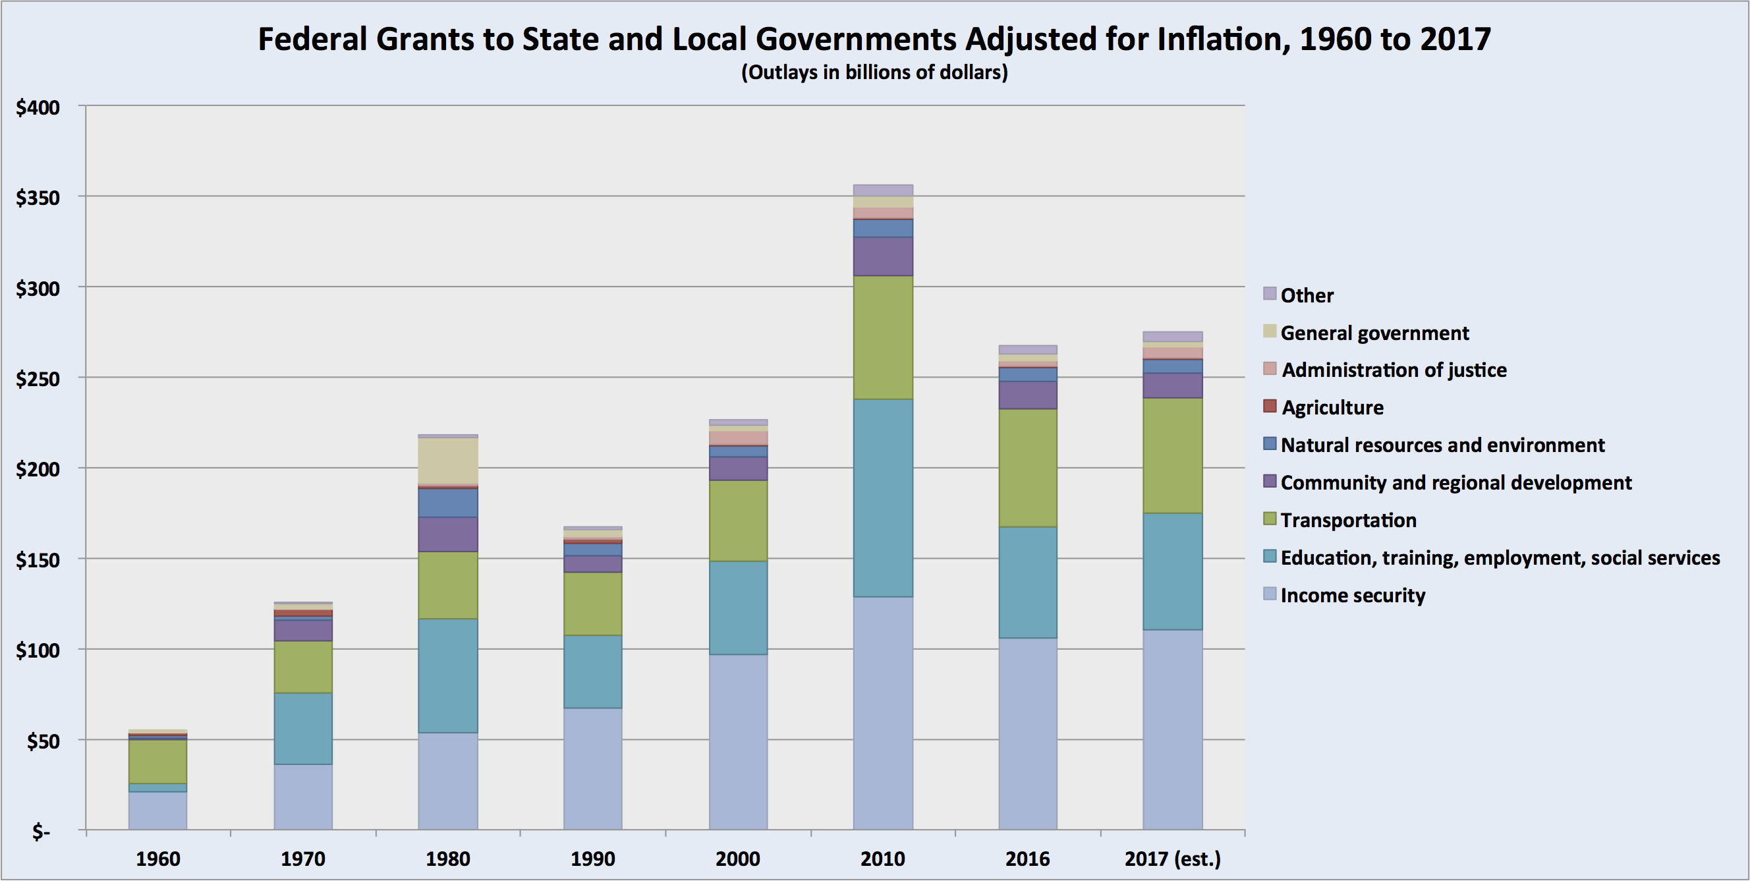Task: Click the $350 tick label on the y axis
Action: coord(38,198)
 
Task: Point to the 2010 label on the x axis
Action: coord(882,859)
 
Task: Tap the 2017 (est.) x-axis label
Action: coord(1173,859)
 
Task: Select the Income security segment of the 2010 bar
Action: coord(883,713)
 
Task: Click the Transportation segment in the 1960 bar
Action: coord(157,762)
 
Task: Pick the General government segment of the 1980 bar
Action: coord(447,461)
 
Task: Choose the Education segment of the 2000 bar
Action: coord(738,608)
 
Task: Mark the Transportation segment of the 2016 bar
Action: coord(1028,468)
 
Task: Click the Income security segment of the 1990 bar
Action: coord(592,769)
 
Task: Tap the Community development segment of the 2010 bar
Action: coord(883,256)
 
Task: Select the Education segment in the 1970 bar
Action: coord(303,729)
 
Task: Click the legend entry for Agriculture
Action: coord(1332,408)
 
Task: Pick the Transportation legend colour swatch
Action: coord(1270,520)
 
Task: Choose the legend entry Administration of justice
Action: coord(1394,370)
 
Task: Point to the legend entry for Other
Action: coord(1307,295)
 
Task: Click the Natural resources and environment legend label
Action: coord(1442,445)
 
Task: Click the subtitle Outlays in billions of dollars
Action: coord(874,72)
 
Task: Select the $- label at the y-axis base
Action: coord(41,832)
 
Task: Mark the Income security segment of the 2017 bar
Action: coord(1173,729)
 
